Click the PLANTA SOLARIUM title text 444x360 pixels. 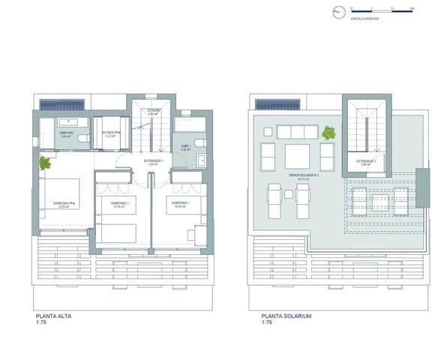click(286, 316)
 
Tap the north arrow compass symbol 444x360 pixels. click(340, 12)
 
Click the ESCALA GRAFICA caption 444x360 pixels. click(363, 18)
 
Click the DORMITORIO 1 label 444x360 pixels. click(180, 203)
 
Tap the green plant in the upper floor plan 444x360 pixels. click(45, 163)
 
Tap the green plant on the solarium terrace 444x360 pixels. click(328, 134)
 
